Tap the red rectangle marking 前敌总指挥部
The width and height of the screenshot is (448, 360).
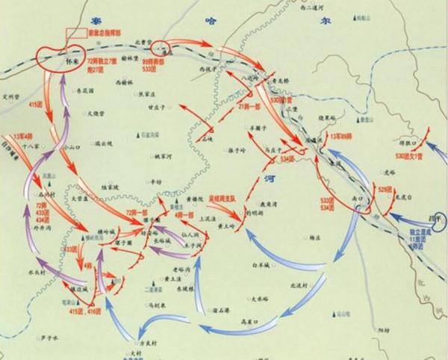tap(76, 34)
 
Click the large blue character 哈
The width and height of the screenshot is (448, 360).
tap(210, 23)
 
